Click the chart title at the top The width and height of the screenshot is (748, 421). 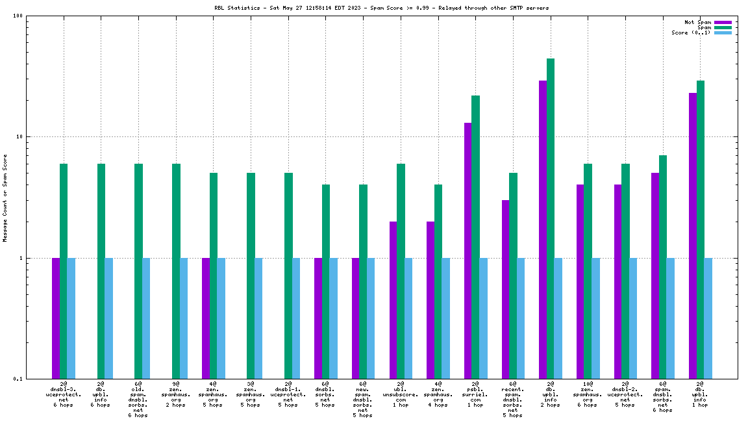tap(381, 8)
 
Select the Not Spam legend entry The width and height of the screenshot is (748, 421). tap(698, 22)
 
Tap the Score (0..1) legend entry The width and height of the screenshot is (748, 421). tap(691, 32)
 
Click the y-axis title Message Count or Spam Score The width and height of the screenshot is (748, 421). tap(5, 198)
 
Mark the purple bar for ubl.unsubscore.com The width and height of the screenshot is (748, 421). tap(393, 300)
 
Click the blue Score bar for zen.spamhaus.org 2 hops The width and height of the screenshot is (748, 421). tap(184, 318)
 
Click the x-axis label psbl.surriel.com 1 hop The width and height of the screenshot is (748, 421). tap(475, 394)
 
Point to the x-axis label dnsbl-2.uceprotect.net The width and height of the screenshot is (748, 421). tap(625, 394)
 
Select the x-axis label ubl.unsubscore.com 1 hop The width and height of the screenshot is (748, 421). tap(401, 394)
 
